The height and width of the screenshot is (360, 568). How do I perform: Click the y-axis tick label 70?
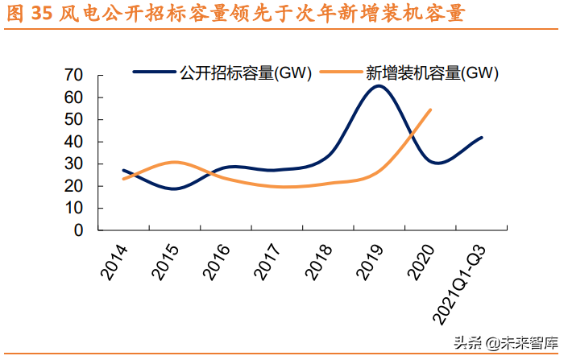click(73, 75)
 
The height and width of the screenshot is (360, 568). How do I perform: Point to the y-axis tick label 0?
click(78, 230)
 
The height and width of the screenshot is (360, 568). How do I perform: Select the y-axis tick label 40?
click(73, 142)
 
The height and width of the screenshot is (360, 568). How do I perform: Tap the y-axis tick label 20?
click(73, 186)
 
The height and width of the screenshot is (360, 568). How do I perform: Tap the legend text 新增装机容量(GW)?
click(432, 73)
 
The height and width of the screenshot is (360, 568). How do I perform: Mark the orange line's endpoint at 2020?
click(430, 110)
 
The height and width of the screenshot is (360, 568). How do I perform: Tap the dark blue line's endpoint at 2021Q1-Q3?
click(482, 138)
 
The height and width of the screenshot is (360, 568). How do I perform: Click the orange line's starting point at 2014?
click(123, 179)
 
